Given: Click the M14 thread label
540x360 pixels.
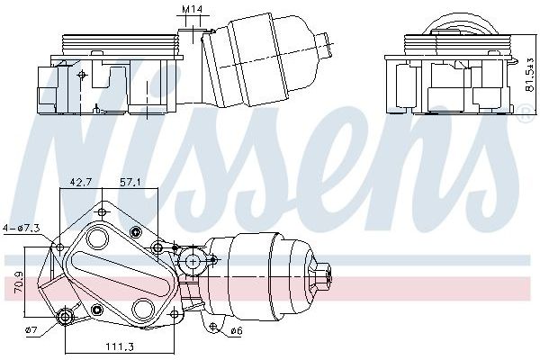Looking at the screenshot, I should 191,9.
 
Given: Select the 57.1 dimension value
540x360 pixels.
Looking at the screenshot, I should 130,183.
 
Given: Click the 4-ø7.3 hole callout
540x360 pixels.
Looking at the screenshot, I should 22,228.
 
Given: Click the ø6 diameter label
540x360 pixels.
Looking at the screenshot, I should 237,331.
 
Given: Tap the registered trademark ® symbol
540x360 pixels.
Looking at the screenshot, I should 525,113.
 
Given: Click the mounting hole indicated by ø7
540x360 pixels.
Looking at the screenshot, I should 64,316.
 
